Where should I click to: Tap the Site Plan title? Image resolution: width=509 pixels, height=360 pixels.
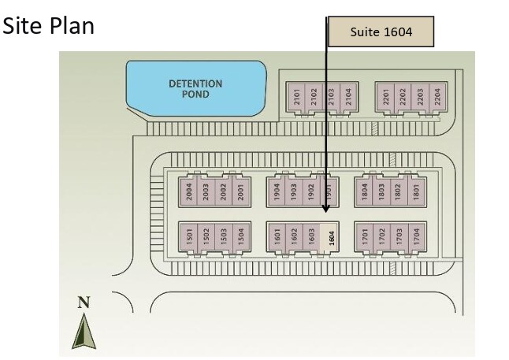click(x=50, y=26)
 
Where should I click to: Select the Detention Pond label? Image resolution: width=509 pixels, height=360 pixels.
click(x=195, y=88)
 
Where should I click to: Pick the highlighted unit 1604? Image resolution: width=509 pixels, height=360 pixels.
click(x=332, y=236)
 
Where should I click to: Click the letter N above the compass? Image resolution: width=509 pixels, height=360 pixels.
click(x=82, y=302)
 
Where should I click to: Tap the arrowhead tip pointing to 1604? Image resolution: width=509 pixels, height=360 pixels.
click(x=326, y=212)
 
